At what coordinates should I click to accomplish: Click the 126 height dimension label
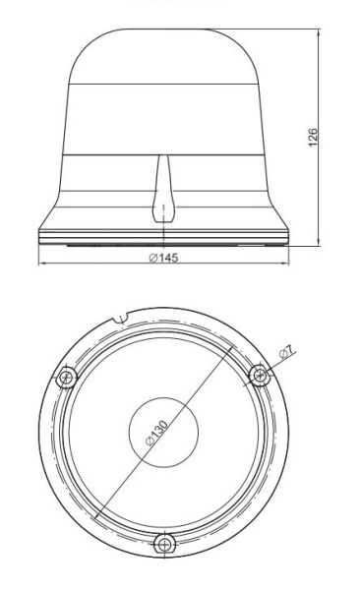[313, 138]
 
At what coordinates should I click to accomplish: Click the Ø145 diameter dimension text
[163, 258]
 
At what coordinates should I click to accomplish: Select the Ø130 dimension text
[156, 433]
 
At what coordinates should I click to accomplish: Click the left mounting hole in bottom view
[67, 377]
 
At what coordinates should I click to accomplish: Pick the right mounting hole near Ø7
[260, 375]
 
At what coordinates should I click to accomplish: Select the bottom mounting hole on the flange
[164, 544]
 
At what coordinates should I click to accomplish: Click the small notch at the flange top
[121, 319]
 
